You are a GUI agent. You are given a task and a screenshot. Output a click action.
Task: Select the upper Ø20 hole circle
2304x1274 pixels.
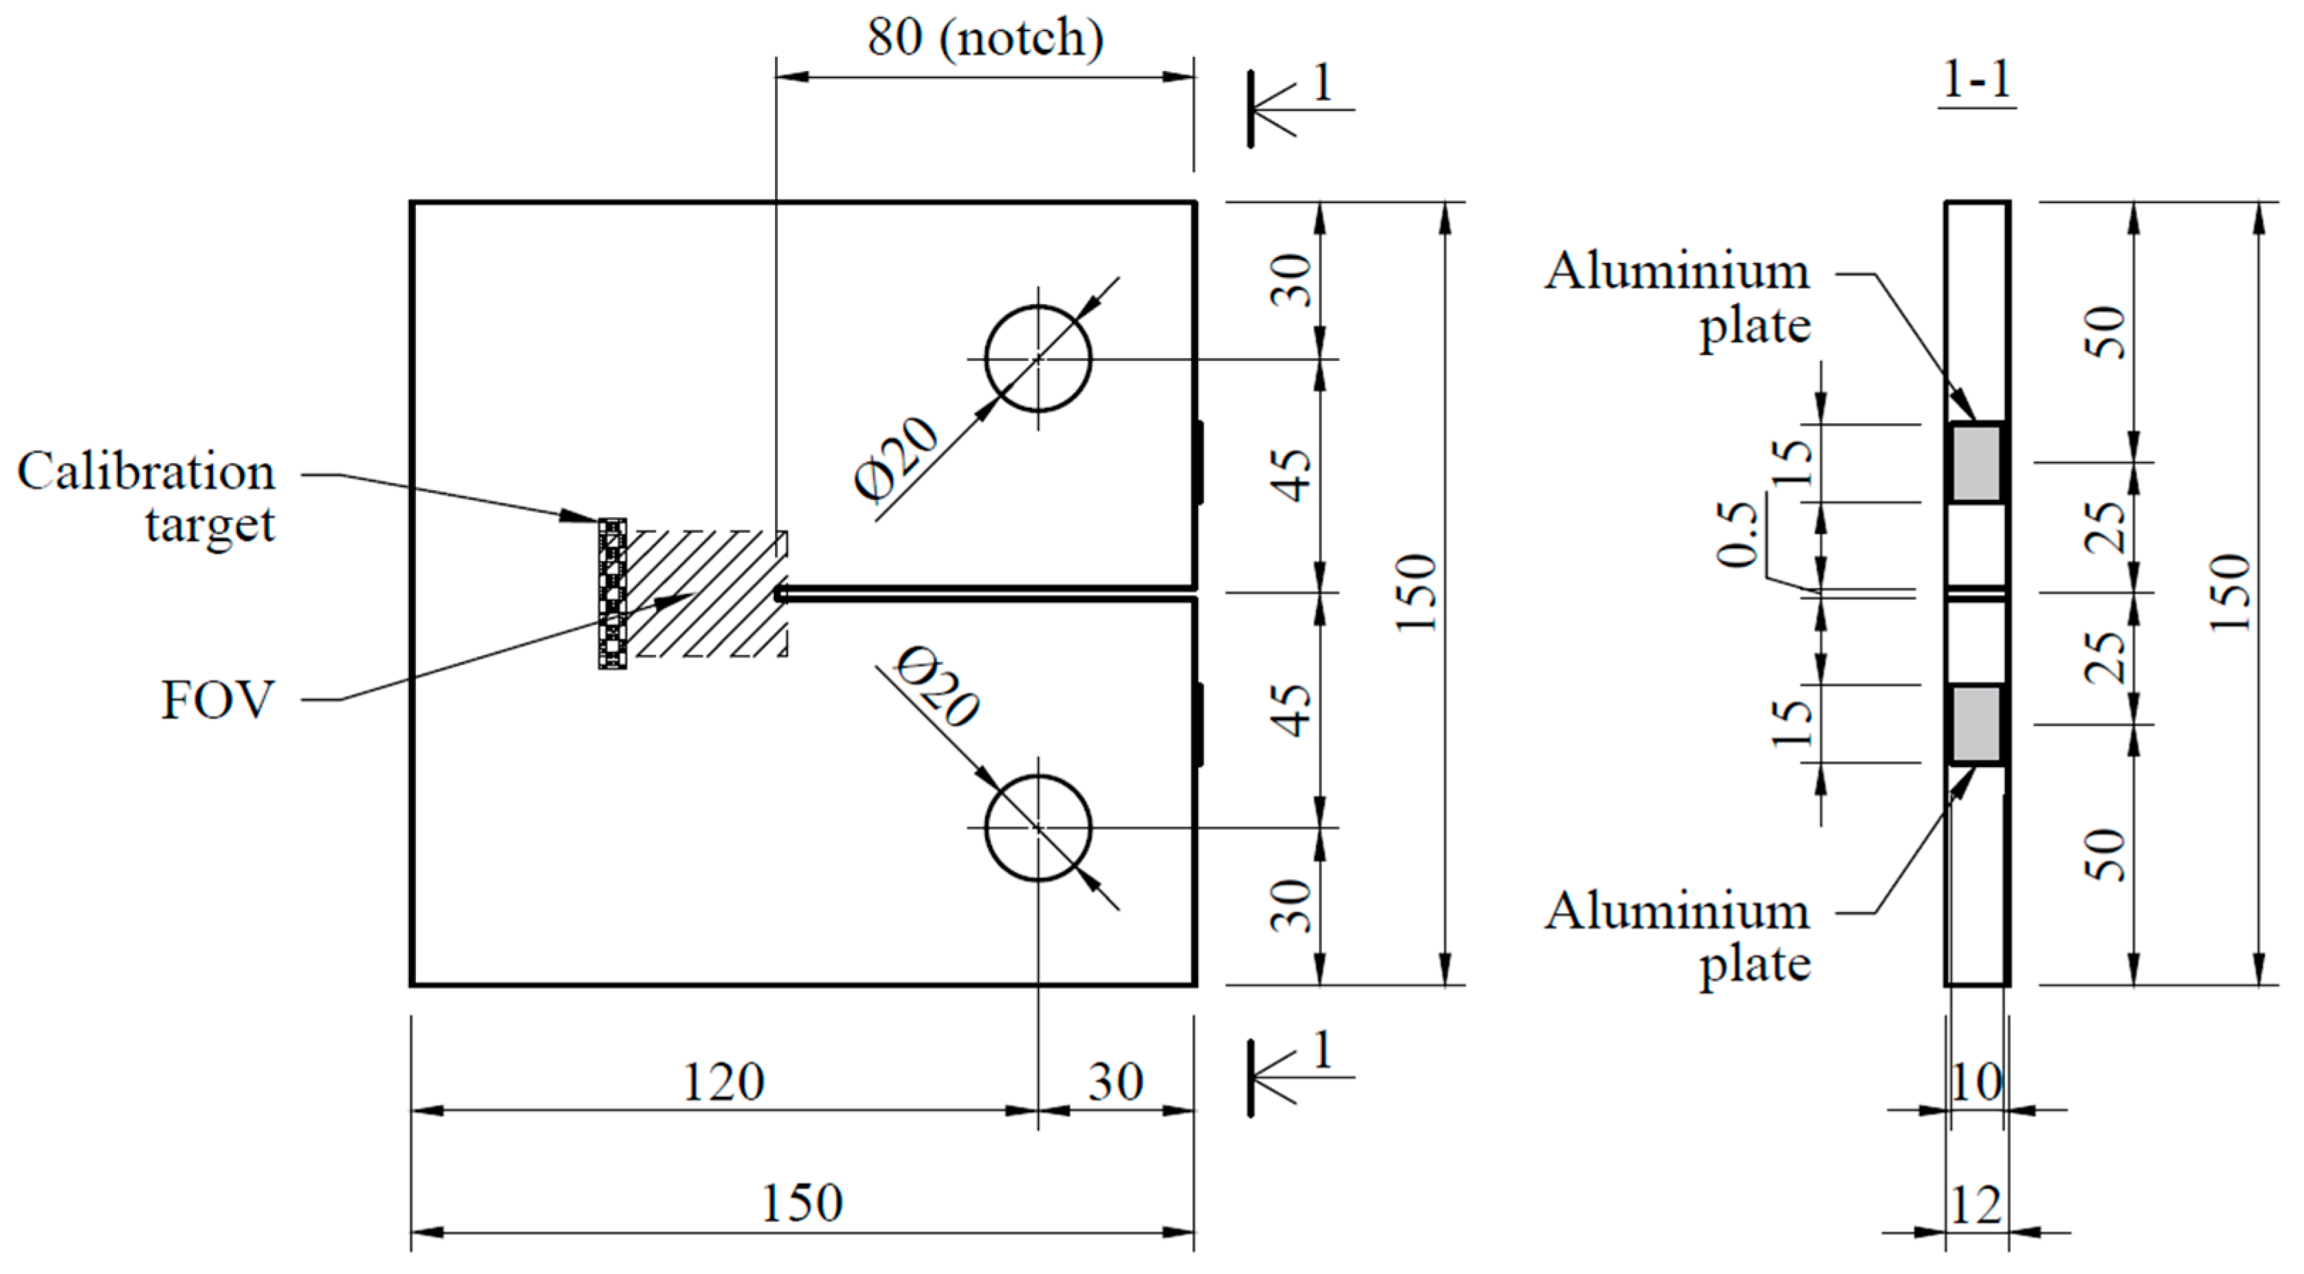[1038, 359]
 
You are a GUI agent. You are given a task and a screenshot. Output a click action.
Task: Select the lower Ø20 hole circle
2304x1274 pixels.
[1038, 827]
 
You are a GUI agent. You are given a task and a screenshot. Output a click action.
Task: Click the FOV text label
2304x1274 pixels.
[217, 699]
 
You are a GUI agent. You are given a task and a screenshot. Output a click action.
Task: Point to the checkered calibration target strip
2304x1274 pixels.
[613, 592]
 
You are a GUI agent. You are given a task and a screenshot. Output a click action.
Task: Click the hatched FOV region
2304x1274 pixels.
[706, 593]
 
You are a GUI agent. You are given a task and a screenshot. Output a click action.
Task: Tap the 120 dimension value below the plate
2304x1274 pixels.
[723, 1082]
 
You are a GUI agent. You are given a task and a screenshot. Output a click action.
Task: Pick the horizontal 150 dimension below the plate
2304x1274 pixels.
[801, 1203]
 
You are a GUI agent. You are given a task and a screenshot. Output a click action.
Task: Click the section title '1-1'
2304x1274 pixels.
[1977, 80]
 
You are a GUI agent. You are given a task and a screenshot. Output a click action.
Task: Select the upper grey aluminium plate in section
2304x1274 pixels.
[1976, 464]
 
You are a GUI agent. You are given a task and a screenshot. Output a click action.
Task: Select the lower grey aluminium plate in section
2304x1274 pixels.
[1976, 724]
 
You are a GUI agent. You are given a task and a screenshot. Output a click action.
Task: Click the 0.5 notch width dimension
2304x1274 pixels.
[1737, 535]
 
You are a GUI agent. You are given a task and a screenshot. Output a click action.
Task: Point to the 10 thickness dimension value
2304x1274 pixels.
[1976, 1082]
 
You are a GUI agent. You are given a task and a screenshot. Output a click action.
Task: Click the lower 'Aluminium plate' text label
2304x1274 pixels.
[1677, 937]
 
